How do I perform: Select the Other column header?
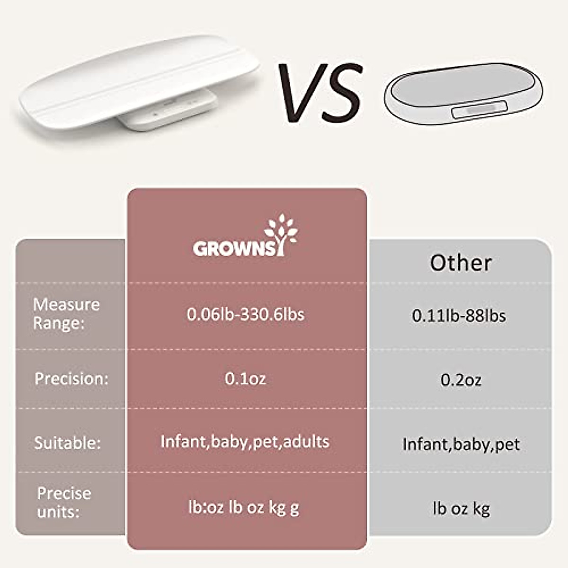[x=461, y=263]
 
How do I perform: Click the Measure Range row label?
[x=66, y=314]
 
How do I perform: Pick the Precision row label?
[x=71, y=379]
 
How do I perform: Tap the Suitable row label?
[x=67, y=443]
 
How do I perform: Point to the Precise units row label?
[x=64, y=502]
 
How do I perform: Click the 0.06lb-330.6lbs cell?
[x=245, y=314]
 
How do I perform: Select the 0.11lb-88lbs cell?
[x=459, y=316]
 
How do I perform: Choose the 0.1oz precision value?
[x=245, y=379]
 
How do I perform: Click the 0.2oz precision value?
[x=461, y=380]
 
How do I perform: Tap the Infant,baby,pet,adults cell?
[x=245, y=442]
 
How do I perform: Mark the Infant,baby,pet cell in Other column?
[x=461, y=444]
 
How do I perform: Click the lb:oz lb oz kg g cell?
[x=243, y=508]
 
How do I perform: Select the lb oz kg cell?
[x=461, y=509]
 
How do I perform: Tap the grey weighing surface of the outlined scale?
[x=461, y=87]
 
